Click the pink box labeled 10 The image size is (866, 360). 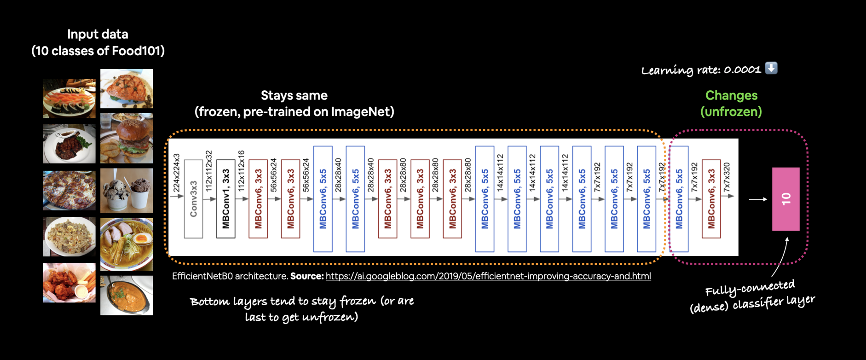(785, 199)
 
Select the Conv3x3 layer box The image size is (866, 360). (193, 199)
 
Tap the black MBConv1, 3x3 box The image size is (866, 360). (225, 199)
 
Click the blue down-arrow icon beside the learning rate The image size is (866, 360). (771, 68)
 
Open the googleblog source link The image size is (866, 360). (488, 276)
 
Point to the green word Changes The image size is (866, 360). (731, 95)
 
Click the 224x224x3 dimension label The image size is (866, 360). (177, 173)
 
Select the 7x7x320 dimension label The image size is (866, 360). (727, 177)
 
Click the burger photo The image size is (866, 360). (127, 138)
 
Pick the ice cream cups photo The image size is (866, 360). (127, 190)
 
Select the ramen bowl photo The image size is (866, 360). (127, 244)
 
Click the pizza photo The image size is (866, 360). (69, 190)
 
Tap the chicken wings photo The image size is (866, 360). (69, 283)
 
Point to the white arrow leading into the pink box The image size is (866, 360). (758, 199)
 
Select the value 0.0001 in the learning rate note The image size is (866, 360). (742, 70)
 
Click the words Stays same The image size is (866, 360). (294, 95)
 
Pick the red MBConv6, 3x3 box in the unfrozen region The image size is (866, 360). (711, 199)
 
